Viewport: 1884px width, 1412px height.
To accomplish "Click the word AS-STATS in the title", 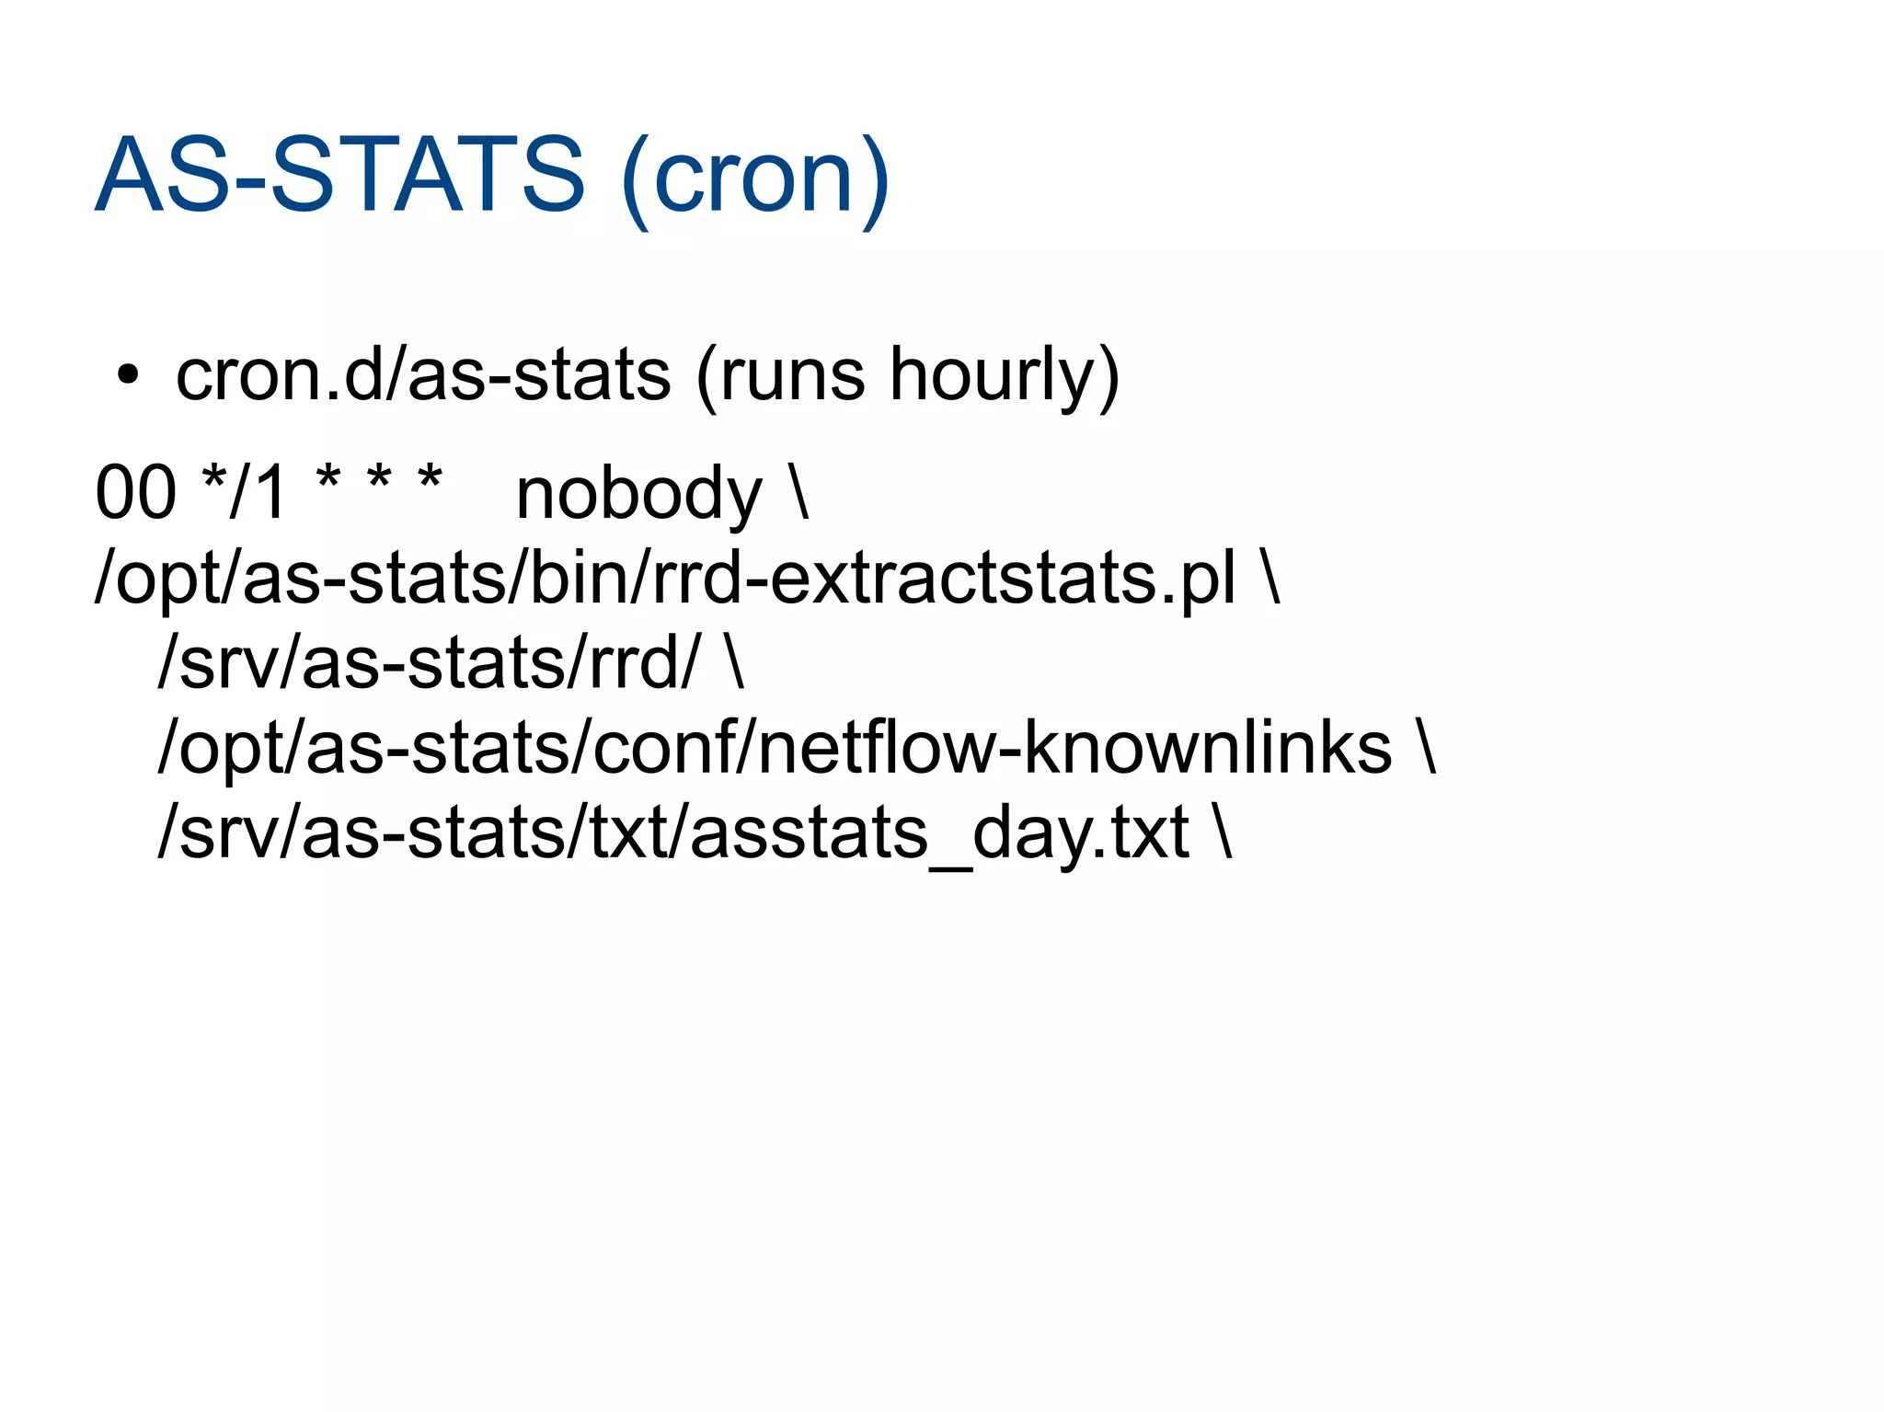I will point(339,175).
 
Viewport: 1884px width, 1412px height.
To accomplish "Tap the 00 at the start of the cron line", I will point(135,493).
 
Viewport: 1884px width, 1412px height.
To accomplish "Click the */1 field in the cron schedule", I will point(244,491).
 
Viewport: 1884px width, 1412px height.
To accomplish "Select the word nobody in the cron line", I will point(638,495).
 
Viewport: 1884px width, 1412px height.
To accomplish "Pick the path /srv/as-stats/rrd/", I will point(429,663).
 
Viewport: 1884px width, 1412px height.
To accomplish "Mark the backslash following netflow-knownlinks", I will point(1427,746).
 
